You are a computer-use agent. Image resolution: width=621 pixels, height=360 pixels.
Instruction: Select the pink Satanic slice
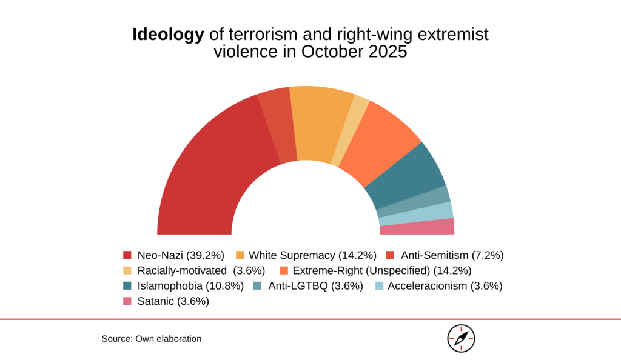(417, 227)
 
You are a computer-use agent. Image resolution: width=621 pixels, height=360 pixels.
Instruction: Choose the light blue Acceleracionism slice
(416, 214)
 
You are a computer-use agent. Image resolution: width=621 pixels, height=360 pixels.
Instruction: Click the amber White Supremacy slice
(321, 122)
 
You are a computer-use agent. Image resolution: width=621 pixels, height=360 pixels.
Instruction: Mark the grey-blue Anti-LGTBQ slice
(414, 202)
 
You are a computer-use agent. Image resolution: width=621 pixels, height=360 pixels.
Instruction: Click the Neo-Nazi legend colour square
(127, 255)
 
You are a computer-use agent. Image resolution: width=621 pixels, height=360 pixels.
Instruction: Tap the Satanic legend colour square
(127, 301)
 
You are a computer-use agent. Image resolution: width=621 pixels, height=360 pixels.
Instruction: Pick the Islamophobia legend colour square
(127, 286)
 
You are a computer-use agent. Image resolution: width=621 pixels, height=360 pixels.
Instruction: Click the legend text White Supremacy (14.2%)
(312, 256)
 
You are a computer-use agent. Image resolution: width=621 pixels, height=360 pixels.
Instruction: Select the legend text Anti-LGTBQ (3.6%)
(315, 286)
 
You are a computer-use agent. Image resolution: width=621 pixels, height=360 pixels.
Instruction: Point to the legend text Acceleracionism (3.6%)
(445, 286)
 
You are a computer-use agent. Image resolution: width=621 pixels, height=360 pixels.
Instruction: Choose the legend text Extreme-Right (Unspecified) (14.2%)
(382, 271)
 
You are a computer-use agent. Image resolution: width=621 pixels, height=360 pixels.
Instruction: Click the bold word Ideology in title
(169, 35)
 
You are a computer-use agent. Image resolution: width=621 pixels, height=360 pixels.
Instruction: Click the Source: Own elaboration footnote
(152, 339)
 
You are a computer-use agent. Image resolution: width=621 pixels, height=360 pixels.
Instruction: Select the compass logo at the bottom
(461, 339)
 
